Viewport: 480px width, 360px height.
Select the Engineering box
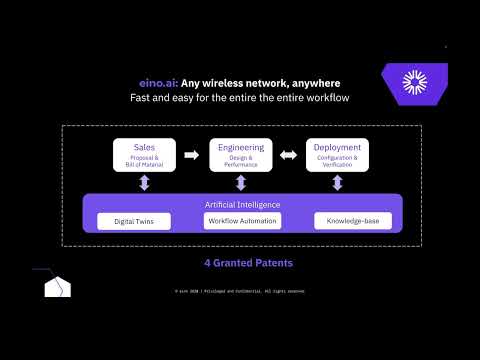(x=240, y=155)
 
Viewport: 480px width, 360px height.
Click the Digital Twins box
(x=134, y=220)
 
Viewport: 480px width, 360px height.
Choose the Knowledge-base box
(x=352, y=220)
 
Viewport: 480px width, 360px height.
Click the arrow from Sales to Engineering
(x=192, y=155)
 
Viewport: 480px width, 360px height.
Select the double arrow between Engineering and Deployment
(x=288, y=155)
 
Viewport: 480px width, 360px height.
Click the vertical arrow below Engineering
(x=240, y=182)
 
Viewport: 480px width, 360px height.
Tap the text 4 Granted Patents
(x=240, y=263)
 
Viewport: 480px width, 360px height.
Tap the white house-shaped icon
(x=57, y=288)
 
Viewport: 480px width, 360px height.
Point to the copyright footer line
(x=240, y=291)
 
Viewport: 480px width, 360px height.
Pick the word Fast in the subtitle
(x=143, y=99)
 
